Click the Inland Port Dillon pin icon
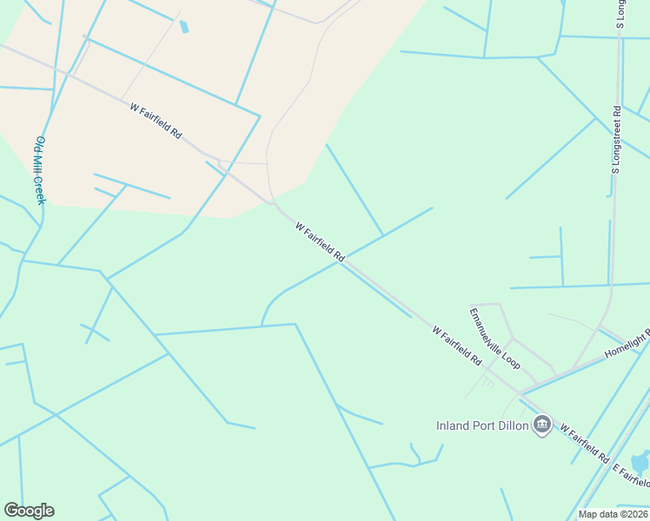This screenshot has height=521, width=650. tap(543, 425)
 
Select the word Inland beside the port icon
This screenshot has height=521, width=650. tap(453, 425)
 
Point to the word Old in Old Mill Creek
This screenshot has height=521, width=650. tap(38, 142)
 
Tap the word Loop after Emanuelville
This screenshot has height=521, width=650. tap(510, 359)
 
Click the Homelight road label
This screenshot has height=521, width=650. tap(627, 343)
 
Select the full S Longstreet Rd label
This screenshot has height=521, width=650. tap(617, 139)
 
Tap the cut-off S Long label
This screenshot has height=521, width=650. tap(620, 14)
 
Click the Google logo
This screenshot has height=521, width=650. tap(29, 511)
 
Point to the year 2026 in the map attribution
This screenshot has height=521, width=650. tap(635, 514)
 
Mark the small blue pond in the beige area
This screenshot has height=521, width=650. tap(183, 26)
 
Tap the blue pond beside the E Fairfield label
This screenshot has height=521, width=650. tap(640, 461)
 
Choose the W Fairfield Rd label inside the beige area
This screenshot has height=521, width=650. tap(156, 122)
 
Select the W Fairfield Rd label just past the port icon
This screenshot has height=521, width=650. tap(585, 443)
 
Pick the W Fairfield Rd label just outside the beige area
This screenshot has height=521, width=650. tap(320, 242)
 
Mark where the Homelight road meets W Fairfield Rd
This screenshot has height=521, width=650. tap(527, 388)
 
